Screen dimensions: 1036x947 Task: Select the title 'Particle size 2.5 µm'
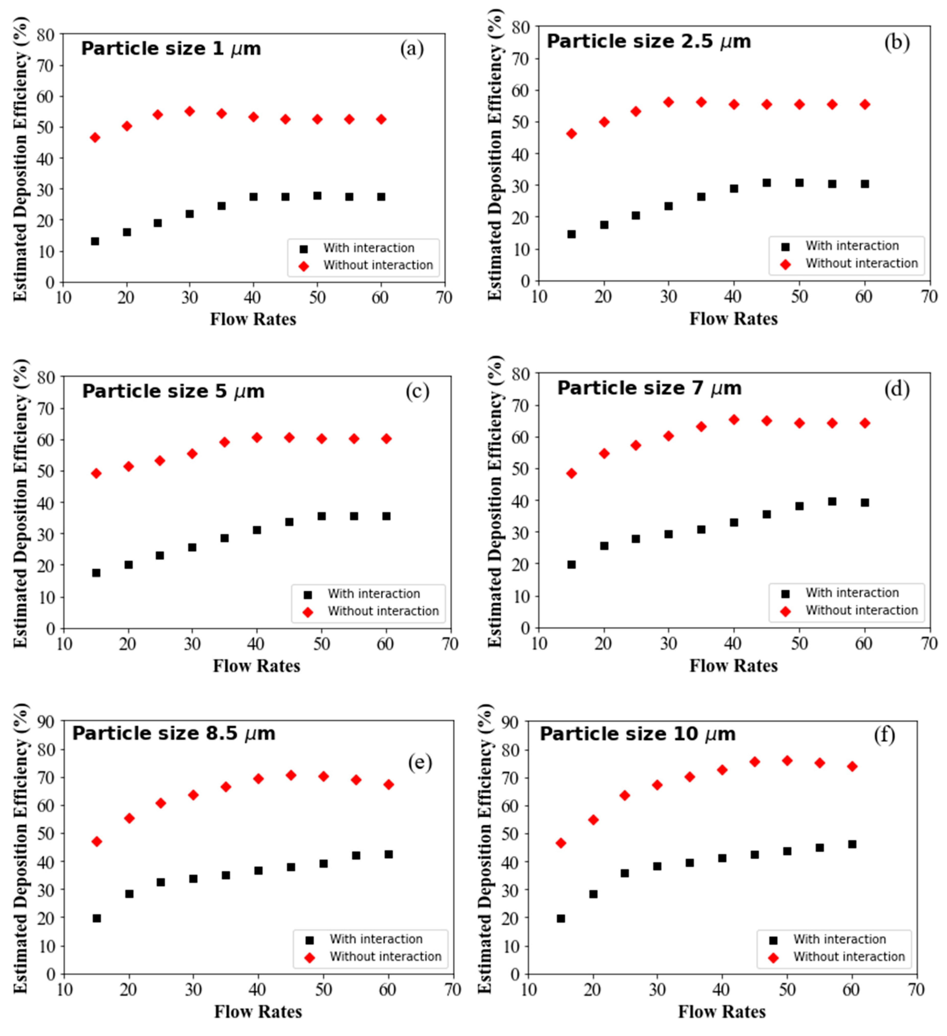(x=648, y=42)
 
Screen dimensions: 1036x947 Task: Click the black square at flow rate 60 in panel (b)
(x=865, y=184)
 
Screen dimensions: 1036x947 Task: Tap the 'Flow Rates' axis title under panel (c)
(x=256, y=666)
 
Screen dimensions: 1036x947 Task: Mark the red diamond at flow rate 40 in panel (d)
(x=734, y=420)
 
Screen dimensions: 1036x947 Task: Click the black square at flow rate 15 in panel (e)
(x=96, y=918)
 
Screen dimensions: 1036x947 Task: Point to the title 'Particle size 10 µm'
(x=637, y=734)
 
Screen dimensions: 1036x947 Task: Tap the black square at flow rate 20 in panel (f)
(x=593, y=894)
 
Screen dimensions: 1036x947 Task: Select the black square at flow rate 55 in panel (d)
(x=832, y=502)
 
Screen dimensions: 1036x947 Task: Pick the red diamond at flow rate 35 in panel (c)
(x=225, y=442)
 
